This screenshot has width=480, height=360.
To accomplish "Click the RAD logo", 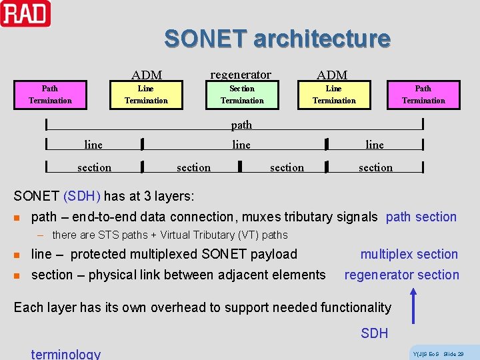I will pos(25,14).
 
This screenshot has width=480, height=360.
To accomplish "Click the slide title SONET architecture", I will pos(277,39).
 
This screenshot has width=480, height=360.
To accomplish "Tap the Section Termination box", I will pos(242,95).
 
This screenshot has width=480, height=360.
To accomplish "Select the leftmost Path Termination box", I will pos(50,95).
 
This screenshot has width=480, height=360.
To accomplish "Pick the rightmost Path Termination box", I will pos(423,95).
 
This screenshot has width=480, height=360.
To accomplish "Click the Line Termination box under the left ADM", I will pos(146,95).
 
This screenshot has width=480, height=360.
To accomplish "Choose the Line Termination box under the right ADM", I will pos(334,95).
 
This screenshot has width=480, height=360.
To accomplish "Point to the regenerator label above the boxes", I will pos(241,74).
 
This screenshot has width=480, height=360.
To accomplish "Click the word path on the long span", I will pos(241,125).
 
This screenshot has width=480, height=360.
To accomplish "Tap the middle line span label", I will pos(241,145).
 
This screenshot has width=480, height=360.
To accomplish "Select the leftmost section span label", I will pos(95,167).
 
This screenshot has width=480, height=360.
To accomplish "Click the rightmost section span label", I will pos(375,167).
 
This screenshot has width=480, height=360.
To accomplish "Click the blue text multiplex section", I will pos(409,254).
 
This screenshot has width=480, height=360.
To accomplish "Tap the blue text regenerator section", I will pos(401,275).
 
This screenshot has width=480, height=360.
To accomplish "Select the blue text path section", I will pos(421,217).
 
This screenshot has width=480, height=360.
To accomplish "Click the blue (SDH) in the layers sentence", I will pos(82,196).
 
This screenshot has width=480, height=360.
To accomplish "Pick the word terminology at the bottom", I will pos(66,354).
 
